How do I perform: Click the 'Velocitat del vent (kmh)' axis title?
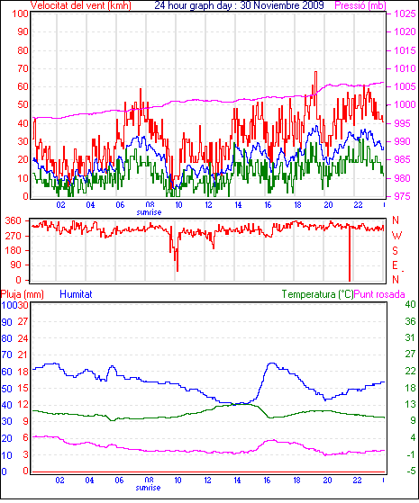(81, 5)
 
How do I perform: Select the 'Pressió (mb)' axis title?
(360, 5)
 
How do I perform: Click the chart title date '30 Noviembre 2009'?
(282, 5)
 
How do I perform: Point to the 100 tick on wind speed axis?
(20, 14)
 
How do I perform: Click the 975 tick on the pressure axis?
(403, 196)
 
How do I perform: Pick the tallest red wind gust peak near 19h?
(315, 73)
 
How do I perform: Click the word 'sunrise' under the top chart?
(149, 212)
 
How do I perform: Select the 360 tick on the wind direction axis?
(13, 221)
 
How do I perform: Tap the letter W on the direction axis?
(396, 236)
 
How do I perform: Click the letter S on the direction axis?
(396, 250)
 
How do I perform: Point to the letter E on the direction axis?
(396, 265)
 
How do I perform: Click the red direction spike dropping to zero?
(350, 254)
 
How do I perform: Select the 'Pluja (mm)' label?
(23, 294)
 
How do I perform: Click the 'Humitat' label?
(76, 294)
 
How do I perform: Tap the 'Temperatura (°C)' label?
(317, 294)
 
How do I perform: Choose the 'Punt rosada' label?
(379, 294)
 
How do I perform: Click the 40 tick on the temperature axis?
(410, 304)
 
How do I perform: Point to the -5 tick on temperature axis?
(410, 472)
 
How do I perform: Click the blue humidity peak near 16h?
(272, 364)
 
